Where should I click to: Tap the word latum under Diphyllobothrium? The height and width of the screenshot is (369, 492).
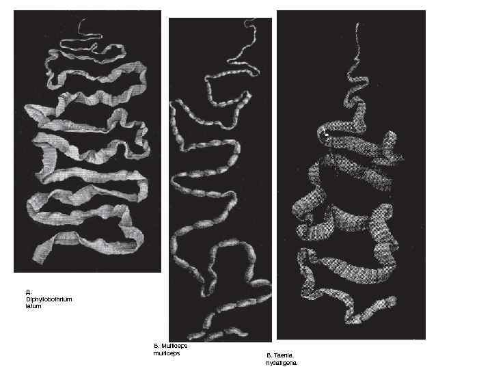click(33, 306)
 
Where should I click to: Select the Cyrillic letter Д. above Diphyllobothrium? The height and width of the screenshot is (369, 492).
click(28, 292)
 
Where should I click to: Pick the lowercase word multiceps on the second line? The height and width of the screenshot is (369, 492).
click(167, 354)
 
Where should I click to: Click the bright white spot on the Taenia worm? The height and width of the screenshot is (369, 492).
click(327, 137)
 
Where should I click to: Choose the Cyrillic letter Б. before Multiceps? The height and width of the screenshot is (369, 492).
click(156, 346)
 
